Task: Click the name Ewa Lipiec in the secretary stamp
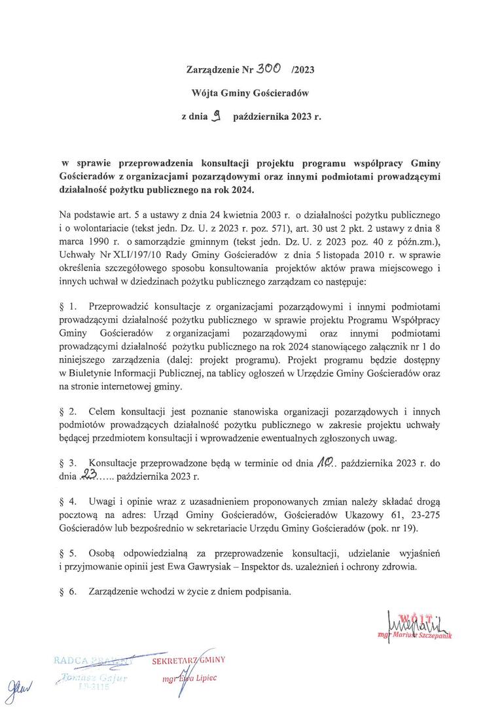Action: pyautogui.click(x=200, y=678)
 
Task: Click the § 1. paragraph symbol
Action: pyautogui.click(x=68, y=305)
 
